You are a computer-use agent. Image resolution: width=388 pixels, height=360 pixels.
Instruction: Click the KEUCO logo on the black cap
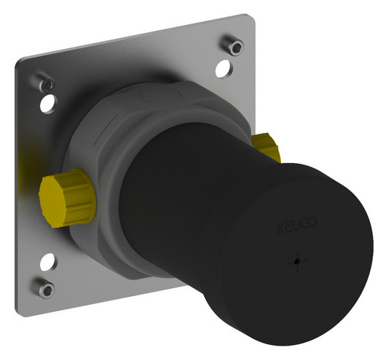pyautogui.click(x=297, y=225)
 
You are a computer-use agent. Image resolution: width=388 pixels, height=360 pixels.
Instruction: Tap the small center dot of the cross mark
pyautogui.click(x=297, y=261)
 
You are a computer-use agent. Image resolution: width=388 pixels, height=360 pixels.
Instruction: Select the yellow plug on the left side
pyautogui.click(x=68, y=198)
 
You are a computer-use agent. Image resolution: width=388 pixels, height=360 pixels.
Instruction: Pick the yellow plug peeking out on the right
pyautogui.click(x=266, y=147)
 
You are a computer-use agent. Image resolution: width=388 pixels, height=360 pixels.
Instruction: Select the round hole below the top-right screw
pyautogui.click(x=224, y=68)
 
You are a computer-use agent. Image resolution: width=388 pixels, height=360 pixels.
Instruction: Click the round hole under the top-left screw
pyautogui.click(x=49, y=104)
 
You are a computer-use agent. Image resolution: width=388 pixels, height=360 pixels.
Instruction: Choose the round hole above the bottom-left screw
pyautogui.click(x=49, y=262)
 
